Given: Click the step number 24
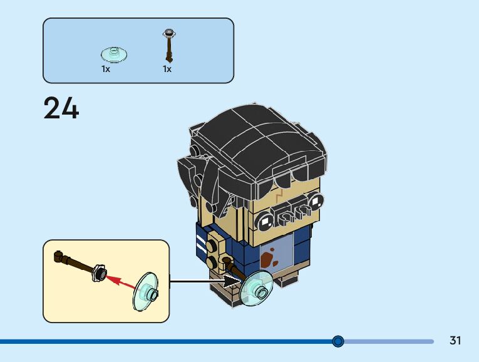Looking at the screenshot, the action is [61, 108].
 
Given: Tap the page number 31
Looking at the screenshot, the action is [455, 341].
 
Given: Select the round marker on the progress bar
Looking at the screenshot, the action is [338, 341].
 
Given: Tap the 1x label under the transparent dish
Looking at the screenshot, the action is [106, 69].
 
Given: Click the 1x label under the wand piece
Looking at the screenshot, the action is [167, 69].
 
